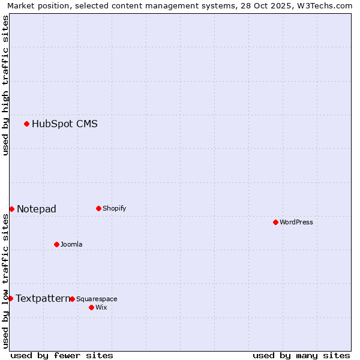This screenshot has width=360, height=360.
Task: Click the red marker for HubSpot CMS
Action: tap(26, 124)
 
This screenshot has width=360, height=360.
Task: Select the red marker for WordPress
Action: tap(275, 222)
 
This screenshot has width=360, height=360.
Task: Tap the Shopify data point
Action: tap(98, 208)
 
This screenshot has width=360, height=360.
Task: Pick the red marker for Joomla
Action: tap(56, 244)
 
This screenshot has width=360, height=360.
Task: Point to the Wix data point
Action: tap(91, 307)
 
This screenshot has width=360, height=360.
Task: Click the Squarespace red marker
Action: tap(72, 299)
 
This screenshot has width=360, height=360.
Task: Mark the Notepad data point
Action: tap(11, 209)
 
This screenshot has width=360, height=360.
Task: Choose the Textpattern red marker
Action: tap(10, 298)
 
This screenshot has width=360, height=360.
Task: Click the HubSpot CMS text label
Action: tap(65, 124)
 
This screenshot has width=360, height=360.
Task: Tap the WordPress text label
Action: tap(296, 222)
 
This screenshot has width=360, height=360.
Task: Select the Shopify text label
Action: tap(115, 208)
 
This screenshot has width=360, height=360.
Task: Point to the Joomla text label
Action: tap(71, 244)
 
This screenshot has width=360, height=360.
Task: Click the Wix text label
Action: tap(101, 307)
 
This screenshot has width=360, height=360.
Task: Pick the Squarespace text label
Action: tap(97, 299)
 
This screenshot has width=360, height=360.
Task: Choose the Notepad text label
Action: tap(37, 209)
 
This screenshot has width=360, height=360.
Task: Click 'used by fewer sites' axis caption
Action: tap(62, 355)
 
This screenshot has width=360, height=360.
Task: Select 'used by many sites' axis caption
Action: tap(301, 355)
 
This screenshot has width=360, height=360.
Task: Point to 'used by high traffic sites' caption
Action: tap(5, 85)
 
